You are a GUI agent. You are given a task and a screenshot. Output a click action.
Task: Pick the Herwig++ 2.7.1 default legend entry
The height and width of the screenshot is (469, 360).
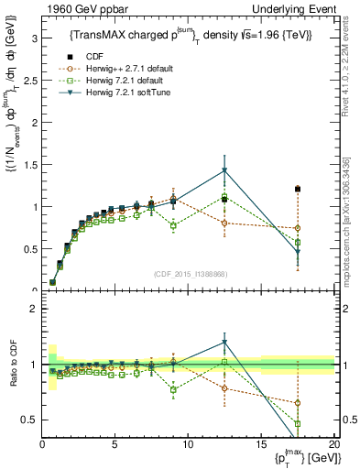[114, 68]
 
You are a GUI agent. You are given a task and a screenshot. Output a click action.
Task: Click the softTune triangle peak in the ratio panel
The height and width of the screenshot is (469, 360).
[224, 343]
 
